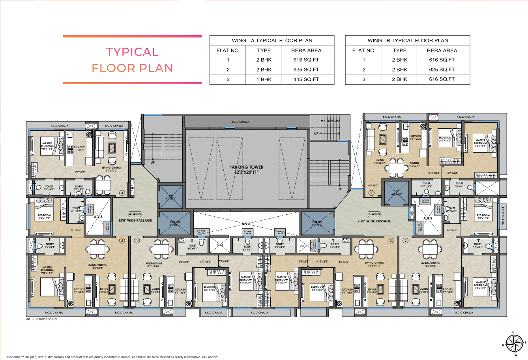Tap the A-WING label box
(135, 214)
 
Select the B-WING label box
(374, 214)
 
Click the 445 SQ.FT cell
(306, 79)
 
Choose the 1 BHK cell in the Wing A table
(264, 79)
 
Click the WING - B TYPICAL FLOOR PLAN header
(408, 40)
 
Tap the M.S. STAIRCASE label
(330, 121)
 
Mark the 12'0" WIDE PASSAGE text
(135, 221)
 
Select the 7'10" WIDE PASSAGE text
(374, 221)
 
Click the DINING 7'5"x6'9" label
(414, 165)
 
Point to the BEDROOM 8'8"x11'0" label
(445, 139)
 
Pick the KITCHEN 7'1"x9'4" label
(79, 148)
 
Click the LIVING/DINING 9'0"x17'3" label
(111, 169)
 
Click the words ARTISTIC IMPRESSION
(41, 319)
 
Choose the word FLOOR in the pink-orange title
(113, 68)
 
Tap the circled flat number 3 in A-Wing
(122, 193)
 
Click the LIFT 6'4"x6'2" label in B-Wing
(397, 193)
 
